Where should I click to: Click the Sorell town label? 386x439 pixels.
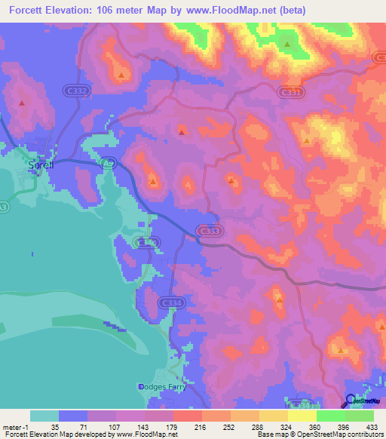coord(37,164)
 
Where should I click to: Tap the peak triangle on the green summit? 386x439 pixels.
coord(287,45)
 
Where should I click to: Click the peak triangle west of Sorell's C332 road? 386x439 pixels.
coord(23,103)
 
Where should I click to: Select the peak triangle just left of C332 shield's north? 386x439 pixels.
coord(121,75)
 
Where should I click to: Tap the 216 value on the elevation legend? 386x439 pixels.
coord(201,426)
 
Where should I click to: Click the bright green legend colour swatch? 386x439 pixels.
coord(330,416)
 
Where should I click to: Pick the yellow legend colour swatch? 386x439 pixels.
coord(302,416)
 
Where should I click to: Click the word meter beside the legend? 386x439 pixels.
coord(12,426)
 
